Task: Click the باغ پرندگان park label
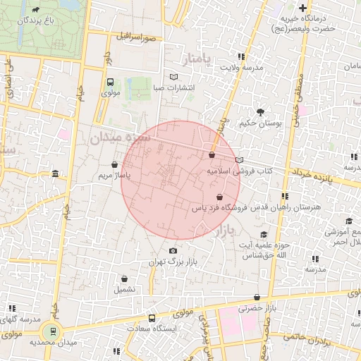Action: [36, 20]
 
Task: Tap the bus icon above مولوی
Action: [110, 82]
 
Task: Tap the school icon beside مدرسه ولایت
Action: [241, 56]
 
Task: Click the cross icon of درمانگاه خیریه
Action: [303, 8]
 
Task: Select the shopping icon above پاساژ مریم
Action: [114, 164]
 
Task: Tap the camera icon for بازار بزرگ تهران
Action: [173, 250]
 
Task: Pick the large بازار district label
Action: [222, 231]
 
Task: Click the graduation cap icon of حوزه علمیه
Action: [264, 235]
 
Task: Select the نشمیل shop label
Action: [125, 289]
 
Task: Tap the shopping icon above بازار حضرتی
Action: [257, 298]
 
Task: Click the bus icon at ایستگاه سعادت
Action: [151, 318]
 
